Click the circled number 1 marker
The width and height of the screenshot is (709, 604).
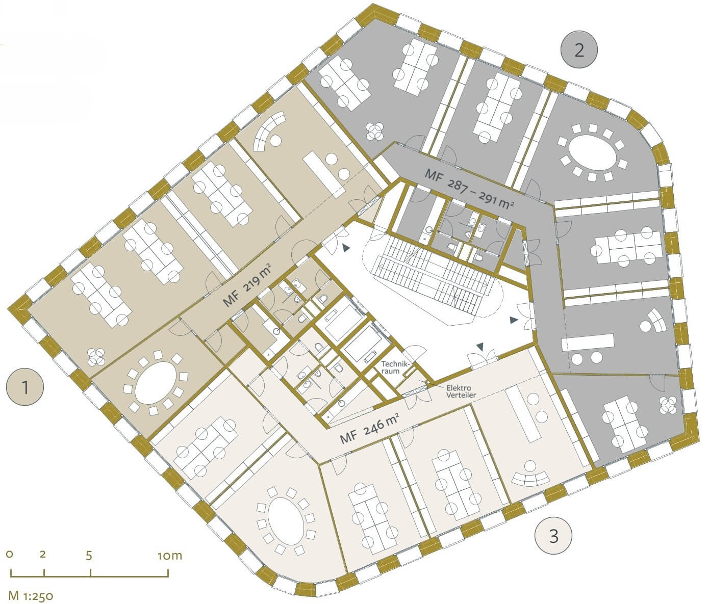point(26,387)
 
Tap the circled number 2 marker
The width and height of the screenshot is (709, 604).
point(579,50)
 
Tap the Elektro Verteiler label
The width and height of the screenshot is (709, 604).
point(461,391)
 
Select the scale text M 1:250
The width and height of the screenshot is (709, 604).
point(31,596)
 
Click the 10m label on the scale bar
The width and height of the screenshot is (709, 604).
point(170,556)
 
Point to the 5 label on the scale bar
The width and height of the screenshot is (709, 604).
point(89,556)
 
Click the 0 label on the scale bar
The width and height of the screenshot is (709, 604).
point(10,554)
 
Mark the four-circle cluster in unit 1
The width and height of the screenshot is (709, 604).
point(96,357)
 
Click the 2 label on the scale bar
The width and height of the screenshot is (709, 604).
point(42,554)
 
